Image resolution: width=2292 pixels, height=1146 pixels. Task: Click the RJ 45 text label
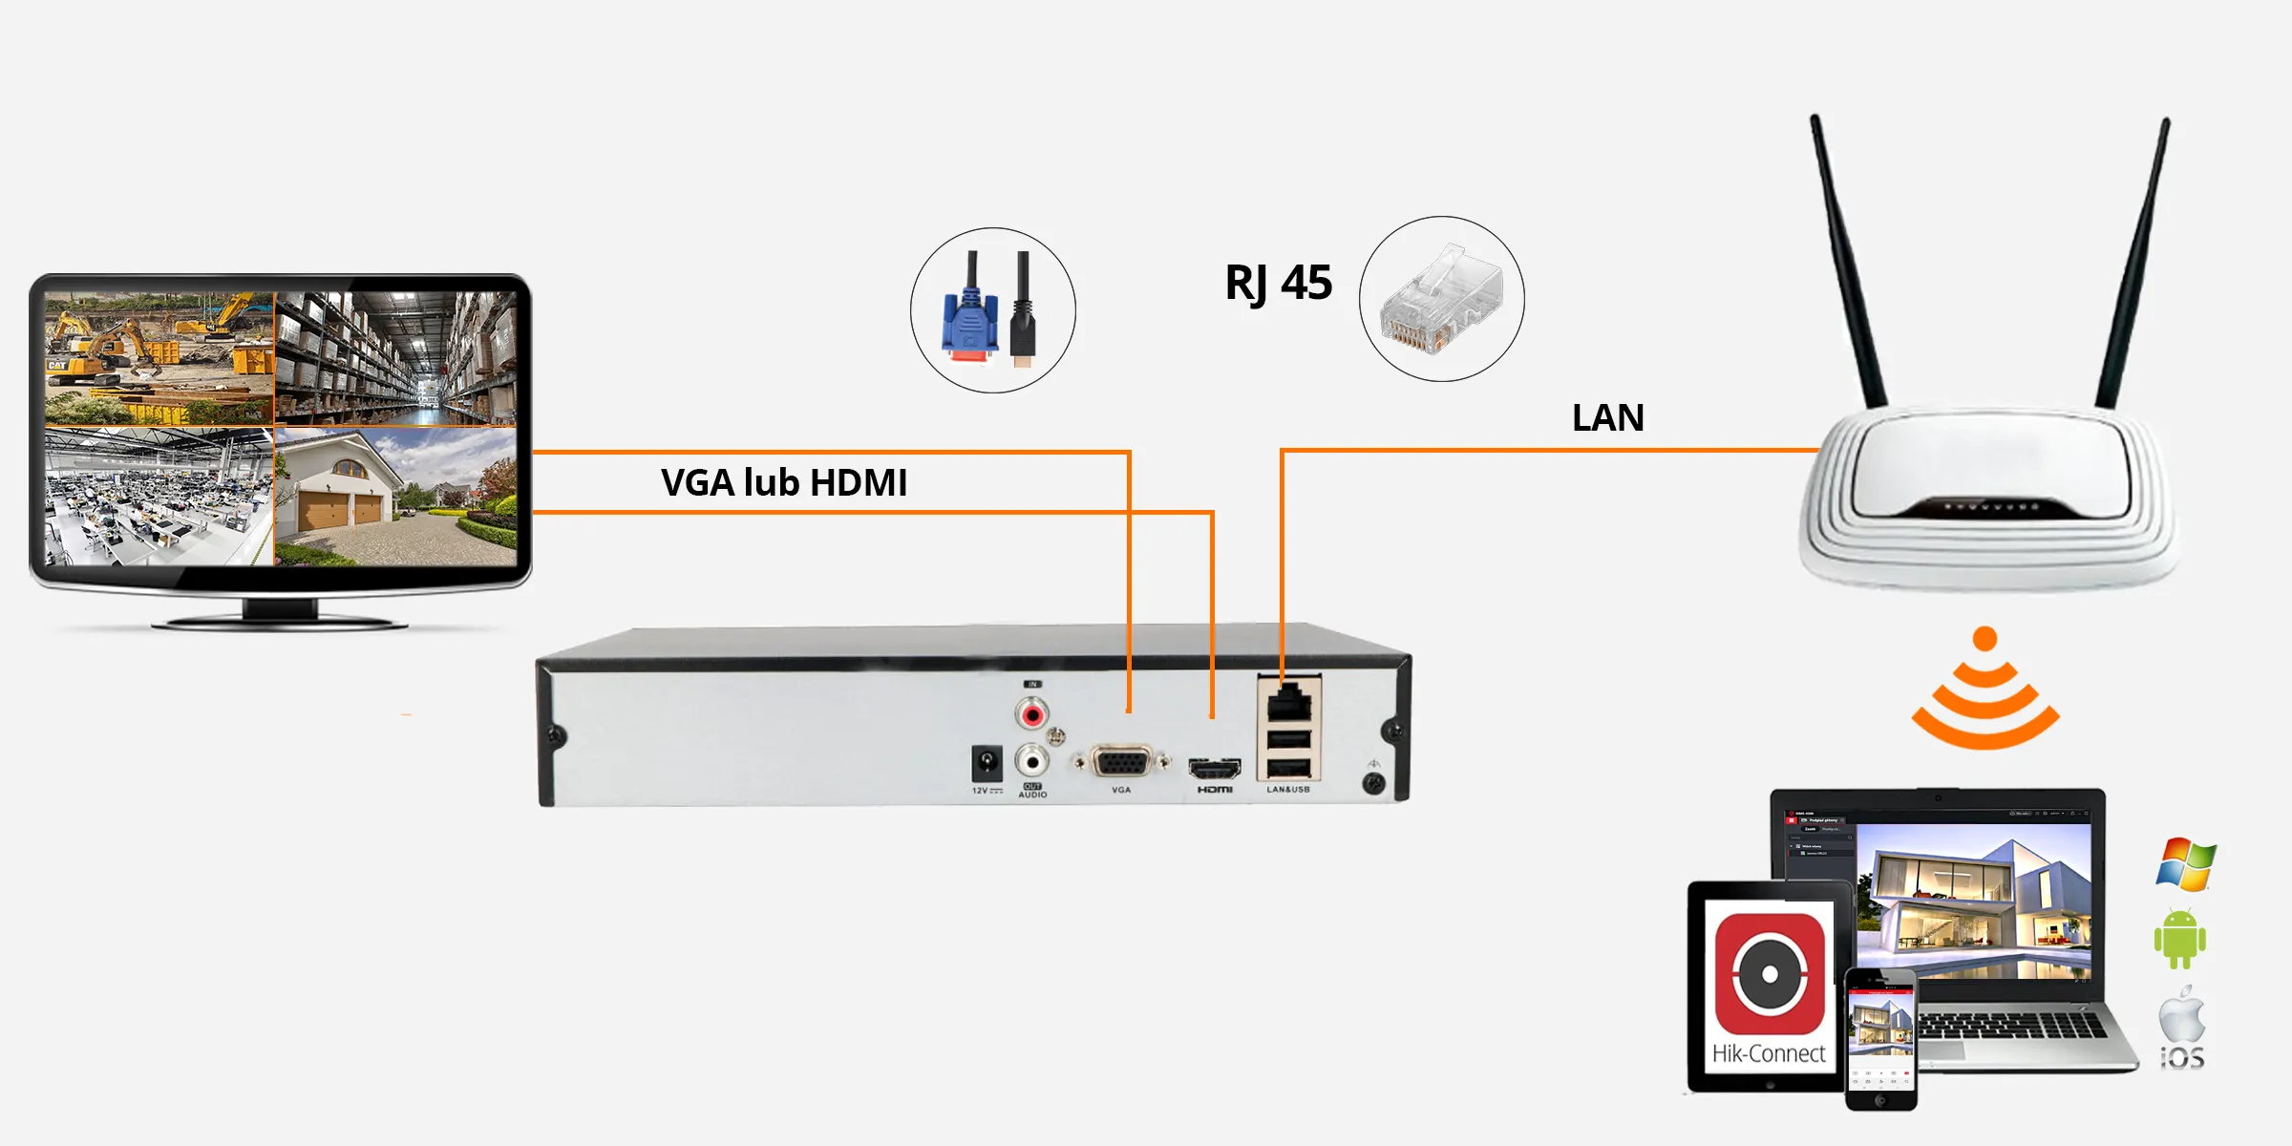[1278, 284]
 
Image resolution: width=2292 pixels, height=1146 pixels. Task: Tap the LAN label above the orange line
[1608, 418]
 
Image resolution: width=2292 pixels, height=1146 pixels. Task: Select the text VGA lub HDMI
[784, 483]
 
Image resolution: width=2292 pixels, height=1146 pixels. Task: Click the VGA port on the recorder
[1121, 763]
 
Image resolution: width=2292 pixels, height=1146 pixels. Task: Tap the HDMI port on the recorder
[1214, 768]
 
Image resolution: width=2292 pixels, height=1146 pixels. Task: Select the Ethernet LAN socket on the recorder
[1289, 704]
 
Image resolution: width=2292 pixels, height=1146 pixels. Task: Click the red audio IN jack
[1032, 713]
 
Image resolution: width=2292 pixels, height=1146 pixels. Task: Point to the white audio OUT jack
[1031, 761]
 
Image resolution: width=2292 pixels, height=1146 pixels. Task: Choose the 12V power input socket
[986, 764]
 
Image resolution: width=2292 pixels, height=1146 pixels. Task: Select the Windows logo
[2185, 864]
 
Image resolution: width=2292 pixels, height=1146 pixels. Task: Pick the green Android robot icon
[2180, 940]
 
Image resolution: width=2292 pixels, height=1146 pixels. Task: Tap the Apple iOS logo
[2182, 1027]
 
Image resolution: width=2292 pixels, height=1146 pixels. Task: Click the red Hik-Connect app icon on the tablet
[1770, 974]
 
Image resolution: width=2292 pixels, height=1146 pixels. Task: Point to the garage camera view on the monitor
[395, 497]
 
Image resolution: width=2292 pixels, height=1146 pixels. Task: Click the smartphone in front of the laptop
[1880, 1040]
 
